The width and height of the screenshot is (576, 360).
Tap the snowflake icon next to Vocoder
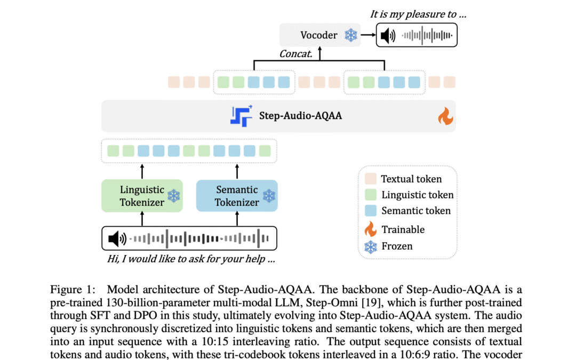tap(350, 36)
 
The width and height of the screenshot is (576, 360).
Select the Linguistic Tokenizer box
tap(142, 196)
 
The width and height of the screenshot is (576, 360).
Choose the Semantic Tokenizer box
tap(237, 196)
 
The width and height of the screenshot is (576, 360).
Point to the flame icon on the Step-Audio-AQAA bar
tap(445, 116)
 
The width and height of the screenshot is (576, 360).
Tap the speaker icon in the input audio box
tap(116, 238)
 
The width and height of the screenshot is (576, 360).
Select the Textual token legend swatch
tap(371, 179)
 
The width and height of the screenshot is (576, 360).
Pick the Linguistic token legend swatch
tap(371, 195)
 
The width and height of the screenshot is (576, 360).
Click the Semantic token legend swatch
tap(371, 210)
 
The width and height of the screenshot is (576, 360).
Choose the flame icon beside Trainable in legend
tap(370, 229)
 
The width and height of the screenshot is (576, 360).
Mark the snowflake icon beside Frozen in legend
tap(370, 246)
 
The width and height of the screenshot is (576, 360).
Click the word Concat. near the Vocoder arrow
tap(296, 54)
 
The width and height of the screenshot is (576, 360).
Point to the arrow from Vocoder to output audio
tap(367, 36)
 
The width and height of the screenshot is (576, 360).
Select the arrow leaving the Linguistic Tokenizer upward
tap(142, 172)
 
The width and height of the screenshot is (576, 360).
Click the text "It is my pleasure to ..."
tap(418, 14)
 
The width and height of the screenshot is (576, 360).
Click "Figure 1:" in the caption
tap(73, 290)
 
